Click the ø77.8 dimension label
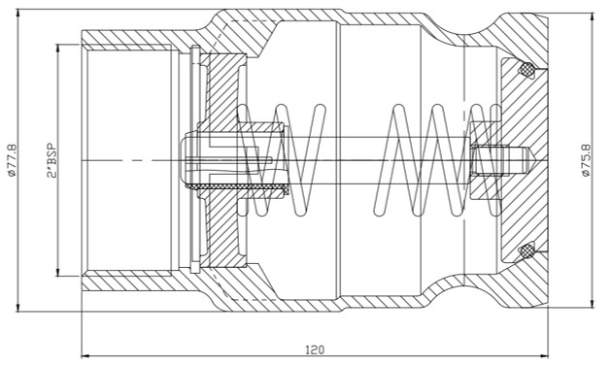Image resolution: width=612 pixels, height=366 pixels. pyautogui.click(x=13, y=160)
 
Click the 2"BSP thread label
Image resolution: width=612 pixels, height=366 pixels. pyautogui.click(x=51, y=161)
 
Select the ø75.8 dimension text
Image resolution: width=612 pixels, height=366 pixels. pyautogui.click(x=586, y=160)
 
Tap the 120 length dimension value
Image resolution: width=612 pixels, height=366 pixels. pyautogui.click(x=315, y=349)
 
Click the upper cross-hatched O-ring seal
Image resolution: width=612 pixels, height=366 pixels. pyautogui.click(x=527, y=69)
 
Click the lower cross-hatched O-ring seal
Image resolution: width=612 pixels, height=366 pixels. pyautogui.click(x=527, y=250)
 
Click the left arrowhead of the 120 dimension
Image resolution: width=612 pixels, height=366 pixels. pyautogui.click(x=85, y=356)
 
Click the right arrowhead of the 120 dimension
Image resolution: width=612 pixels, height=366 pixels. pyautogui.click(x=544, y=356)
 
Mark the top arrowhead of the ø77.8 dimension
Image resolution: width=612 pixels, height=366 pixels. pyautogui.click(x=17, y=14)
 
